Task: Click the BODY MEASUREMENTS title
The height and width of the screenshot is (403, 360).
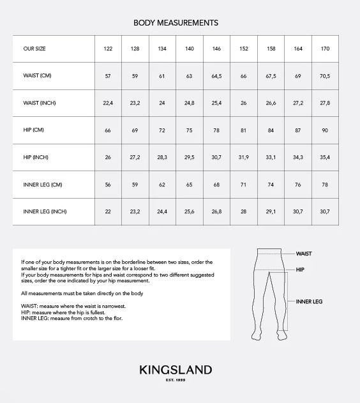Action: tap(176, 23)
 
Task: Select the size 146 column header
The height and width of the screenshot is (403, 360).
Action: tap(216, 49)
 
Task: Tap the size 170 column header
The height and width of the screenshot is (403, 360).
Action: tap(326, 49)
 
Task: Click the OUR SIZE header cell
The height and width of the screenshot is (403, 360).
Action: tap(34, 49)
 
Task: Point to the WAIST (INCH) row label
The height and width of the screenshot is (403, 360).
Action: tap(40, 103)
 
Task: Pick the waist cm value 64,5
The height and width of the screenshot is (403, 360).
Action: tap(216, 77)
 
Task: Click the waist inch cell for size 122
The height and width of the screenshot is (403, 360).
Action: tap(108, 103)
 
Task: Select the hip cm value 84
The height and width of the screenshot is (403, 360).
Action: tap(271, 130)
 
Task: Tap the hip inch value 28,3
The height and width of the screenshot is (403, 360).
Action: tap(162, 158)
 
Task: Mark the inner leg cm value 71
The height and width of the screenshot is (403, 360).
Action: tap(244, 185)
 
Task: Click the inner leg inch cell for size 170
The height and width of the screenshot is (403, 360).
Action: tap(326, 212)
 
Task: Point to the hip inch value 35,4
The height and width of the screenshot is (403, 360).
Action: tap(326, 158)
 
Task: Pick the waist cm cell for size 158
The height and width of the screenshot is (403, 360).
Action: tap(271, 77)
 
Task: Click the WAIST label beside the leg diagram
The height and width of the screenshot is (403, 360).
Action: tap(304, 254)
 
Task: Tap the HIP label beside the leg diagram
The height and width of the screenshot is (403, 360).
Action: tap(300, 270)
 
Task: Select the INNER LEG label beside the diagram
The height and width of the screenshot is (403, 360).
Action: tap(309, 301)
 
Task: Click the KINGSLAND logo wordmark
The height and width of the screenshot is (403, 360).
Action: tap(176, 370)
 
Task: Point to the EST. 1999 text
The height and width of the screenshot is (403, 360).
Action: tap(176, 381)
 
